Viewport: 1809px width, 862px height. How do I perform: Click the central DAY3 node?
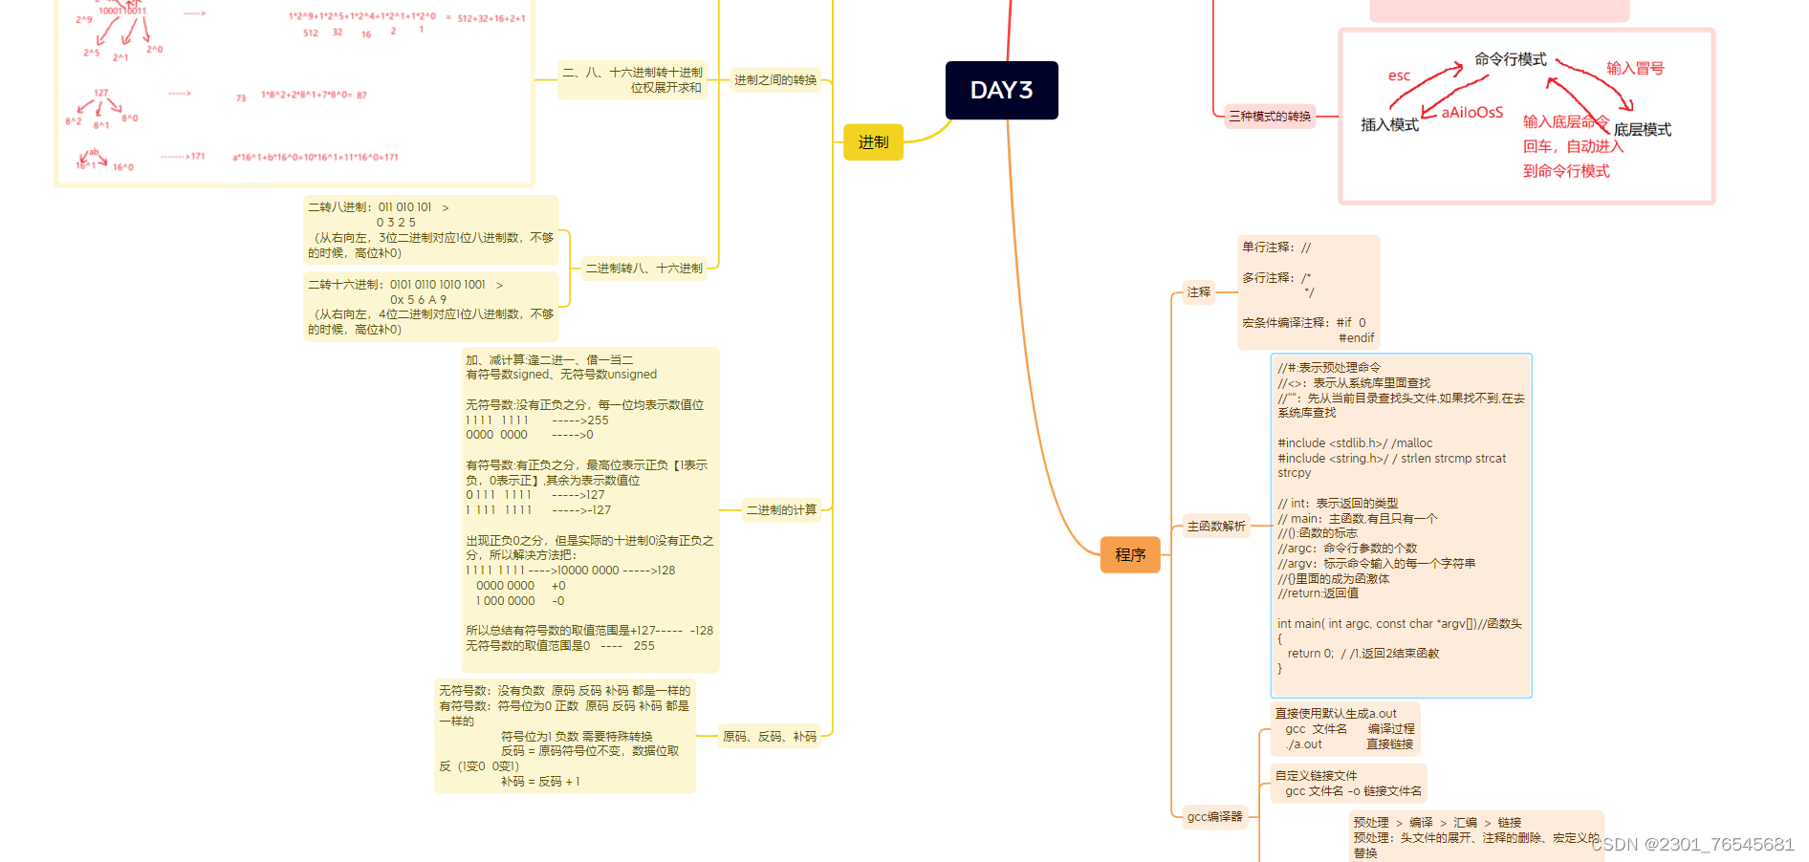pyautogui.click(x=1001, y=91)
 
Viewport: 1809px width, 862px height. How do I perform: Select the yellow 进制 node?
pyautogui.click(x=873, y=142)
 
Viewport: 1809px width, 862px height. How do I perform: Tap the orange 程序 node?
pyautogui.click(x=1130, y=555)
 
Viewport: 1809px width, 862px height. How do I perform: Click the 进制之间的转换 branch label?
pyautogui.click(x=775, y=80)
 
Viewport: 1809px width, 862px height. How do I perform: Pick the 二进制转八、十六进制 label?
pyautogui.click(x=643, y=269)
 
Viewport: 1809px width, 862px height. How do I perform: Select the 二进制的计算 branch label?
pyautogui.click(x=781, y=510)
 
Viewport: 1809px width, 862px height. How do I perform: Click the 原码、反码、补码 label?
pyautogui.click(x=770, y=737)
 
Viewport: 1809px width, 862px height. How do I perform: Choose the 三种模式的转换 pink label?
pyautogui.click(x=1270, y=117)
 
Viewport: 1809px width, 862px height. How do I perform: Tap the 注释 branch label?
pyautogui.click(x=1198, y=292)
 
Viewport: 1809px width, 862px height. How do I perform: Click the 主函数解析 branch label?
pyautogui.click(x=1216, y=527)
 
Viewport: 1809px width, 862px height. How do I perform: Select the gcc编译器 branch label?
pyautogui.click(x=1214, y=817)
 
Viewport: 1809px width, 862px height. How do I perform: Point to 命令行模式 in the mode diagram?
pyautogui.click(x=1510, y=59)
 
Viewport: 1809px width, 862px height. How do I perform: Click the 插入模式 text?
pyautogui.click(x=1389, y=125)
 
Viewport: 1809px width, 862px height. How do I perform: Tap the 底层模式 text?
pyautogui.click(x=1642, y=130)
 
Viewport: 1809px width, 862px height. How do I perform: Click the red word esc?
pyautogui.click(x=1399, y=76)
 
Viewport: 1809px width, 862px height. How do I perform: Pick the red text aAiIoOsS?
pyautogui.click(x=1471, y=113)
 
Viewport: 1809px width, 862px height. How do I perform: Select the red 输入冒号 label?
pyautogui.click(x=1634, y=69)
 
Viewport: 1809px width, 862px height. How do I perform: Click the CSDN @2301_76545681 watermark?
pyautogui.click(x=1691, y=845)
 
